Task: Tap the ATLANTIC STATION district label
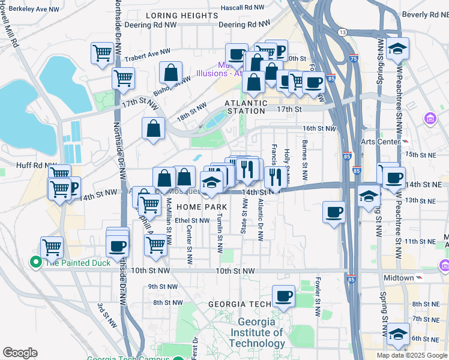click(x=245, y=107)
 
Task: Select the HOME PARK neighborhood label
click(x=201, y=206)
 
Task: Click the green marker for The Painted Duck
click(x=35, y=262)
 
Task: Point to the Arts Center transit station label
click(x=380, y=142)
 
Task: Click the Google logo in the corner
click(x=20, y=353)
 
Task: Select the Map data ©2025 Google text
click(x=412, y=355)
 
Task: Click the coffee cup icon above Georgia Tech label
click(x=283, y=295)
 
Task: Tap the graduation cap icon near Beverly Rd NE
click(x=397, y=49)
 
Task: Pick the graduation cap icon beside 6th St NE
click(x=398, y=333)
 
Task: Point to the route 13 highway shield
click(x=342, y=31)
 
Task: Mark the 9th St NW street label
click(x=160, y=287)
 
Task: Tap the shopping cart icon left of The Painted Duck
click(x=52, y=247)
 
